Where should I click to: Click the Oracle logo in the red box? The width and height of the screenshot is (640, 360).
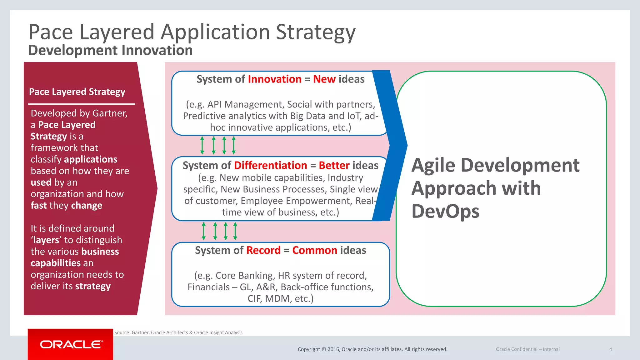point(71,344)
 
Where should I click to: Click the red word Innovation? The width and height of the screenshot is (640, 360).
point(275,79)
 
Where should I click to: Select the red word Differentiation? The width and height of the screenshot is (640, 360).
point(270,165)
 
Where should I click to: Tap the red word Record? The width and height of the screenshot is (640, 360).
point(263,250)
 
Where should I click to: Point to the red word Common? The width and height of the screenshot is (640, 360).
point(314,250)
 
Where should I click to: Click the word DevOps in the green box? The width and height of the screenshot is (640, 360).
point(445,211)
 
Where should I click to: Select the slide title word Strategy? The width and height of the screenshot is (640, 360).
point(316,32)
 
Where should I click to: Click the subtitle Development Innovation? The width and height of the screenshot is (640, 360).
point(110,50)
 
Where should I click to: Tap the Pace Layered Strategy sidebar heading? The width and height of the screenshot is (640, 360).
point(77,92)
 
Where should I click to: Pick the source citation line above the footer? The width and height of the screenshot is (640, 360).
point(178,332)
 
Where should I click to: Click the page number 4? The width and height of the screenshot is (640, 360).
point(610,349)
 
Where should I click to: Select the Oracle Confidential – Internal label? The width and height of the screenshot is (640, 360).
point(527,349)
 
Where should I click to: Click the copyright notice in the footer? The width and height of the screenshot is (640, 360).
point(372,349)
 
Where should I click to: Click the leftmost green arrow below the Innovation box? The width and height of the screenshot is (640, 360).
point(202,145)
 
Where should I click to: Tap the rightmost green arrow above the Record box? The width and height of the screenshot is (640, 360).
point(235,231)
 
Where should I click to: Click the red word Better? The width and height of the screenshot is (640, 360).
point(334,165)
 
